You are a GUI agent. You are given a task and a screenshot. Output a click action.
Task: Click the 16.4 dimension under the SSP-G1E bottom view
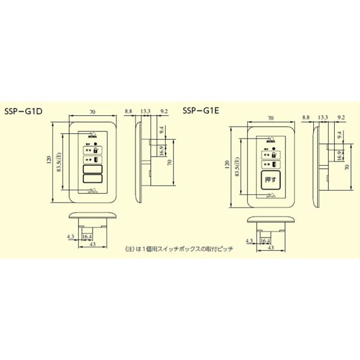click(x=266, y=241)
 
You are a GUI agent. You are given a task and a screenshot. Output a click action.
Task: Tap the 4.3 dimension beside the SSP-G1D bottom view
click(x=71, y=236)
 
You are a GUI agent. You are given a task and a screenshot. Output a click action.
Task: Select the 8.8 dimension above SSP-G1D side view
click(x=128, y=111)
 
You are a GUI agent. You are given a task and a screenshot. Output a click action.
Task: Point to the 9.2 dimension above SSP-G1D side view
click(x=164, y=111)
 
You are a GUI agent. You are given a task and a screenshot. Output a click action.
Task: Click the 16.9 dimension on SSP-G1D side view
click(x=161, y=150)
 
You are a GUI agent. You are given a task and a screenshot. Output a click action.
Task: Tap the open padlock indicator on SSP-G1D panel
click(x=97, y=149)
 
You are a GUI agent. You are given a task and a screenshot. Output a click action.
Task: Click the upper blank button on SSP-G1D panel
click(x=92, y=170)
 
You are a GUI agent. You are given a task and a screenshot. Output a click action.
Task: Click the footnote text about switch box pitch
click(x=178, y=248)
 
